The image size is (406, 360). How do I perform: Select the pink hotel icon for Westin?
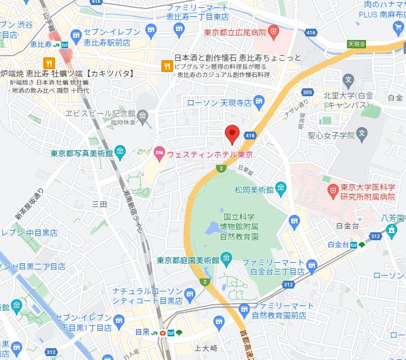click(x=159, y=152)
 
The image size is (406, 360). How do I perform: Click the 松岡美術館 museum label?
click(x=254, y=189)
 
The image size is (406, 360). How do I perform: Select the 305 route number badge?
click(x=306, y=92)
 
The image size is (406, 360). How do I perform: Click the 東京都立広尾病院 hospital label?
click(x=235, y=32)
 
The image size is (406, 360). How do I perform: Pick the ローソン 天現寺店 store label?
click(x=219, y=102)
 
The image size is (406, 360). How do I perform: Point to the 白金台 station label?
click(x=338, y=245)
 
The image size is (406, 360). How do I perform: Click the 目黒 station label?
click(x=142, y=332)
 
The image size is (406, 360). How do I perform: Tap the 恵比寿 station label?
click(x=40, y=44)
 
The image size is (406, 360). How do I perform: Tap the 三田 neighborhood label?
click(x=99, y=204)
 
